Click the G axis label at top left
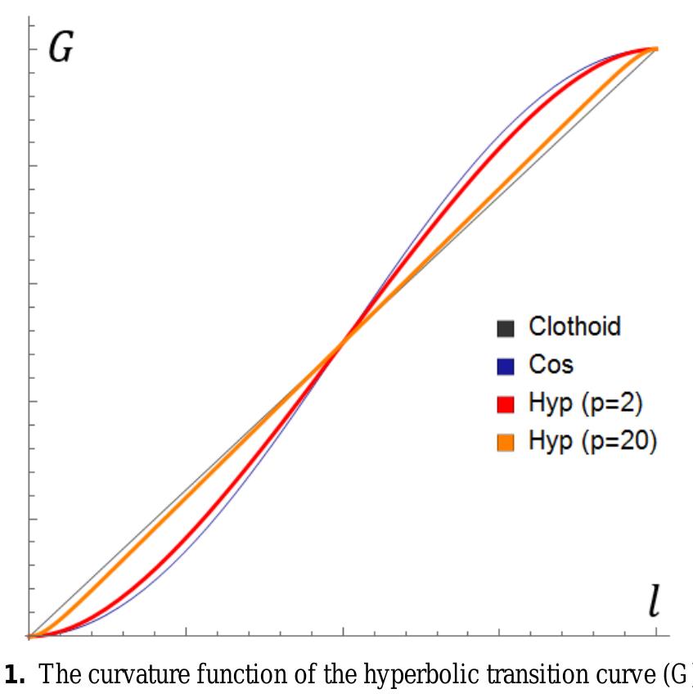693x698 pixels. [61, 49]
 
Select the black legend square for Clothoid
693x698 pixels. [505, 328]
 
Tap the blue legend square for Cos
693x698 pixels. [505, 366]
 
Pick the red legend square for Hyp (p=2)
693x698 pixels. [505, 403]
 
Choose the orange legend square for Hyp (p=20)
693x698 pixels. [505, 442]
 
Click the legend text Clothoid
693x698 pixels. [574, 326]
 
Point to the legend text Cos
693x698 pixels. [551, 365]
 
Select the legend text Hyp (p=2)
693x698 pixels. [580, 403]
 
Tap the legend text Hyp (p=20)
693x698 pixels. [592, 442]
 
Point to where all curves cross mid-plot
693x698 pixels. [343, 341]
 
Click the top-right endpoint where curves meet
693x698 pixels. [655, 49]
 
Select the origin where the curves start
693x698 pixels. [29, 635]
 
